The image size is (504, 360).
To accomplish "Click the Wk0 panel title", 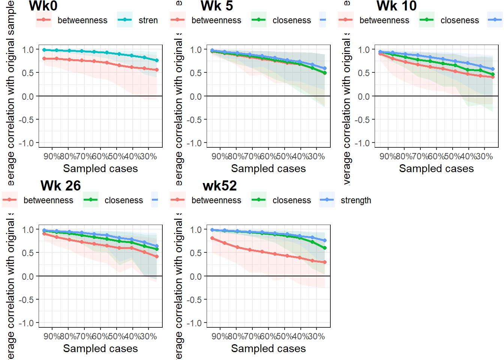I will (43, 6).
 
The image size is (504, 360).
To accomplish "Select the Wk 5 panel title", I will (217, 6).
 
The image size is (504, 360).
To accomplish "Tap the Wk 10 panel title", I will (396, 6).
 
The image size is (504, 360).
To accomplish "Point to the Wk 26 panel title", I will (61, 186).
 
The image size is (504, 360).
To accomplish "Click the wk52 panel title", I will (220, 186).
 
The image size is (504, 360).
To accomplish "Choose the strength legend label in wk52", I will (355, 200).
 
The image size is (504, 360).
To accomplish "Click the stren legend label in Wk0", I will (148, 20).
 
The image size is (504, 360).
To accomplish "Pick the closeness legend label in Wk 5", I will (292, 20).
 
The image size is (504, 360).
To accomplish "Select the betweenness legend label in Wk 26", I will (48, 200).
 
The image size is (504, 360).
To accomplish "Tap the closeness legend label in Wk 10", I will (460, 20).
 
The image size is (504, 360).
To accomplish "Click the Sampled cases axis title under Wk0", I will (100, 169).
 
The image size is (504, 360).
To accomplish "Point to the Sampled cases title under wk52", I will (268, 349).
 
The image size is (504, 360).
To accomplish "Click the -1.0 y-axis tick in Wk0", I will (28, 143).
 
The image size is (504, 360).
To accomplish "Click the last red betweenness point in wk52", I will (325, 262).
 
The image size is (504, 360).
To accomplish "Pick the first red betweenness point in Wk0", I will (44, 58).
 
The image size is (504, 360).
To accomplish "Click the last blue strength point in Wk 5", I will (325, 69).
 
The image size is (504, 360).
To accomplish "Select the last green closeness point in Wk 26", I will (157, 249).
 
